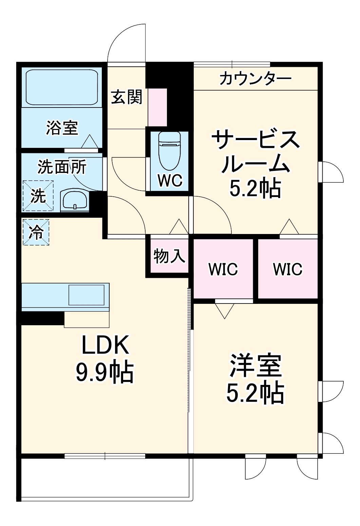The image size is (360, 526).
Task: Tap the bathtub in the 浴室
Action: point(61,87)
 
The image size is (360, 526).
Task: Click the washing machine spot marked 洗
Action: point(38,196)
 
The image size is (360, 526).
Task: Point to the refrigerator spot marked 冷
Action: point(36,232)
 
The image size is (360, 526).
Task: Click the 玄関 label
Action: point(127,97)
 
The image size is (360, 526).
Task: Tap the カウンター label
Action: point(255,79)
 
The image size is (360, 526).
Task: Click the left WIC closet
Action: point(223,269)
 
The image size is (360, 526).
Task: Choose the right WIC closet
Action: point(287,269)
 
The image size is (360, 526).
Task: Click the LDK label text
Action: point(105,345)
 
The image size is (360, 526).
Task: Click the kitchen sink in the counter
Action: point(87,295)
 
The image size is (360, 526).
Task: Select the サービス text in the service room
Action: point(255,140)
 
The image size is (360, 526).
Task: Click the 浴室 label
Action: point(62,128)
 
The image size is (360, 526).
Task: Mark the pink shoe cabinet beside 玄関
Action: point(158,107)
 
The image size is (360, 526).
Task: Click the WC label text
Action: point(170,181)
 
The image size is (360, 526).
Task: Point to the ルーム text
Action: point(255,164)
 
